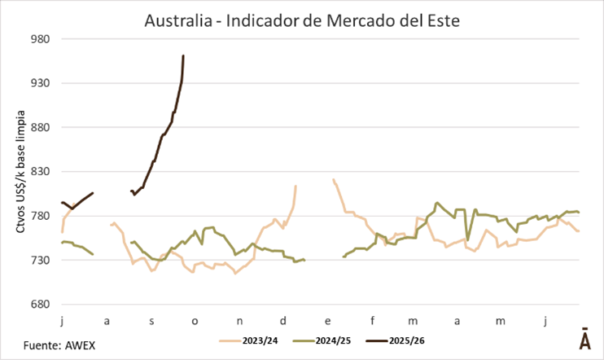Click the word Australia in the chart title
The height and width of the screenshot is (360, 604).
point(177,18)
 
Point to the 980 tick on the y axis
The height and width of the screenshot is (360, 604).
point(41,39)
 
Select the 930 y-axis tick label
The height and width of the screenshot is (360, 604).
point(41,83)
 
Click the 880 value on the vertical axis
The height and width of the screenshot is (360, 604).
point(41,128)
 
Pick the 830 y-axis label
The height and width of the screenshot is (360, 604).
point(41,172)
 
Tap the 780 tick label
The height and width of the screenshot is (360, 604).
point(41,217)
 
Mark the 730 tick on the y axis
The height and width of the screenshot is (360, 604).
point(41,261)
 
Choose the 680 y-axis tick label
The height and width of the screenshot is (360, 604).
point(41,305)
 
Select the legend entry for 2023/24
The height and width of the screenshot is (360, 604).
point(248,341)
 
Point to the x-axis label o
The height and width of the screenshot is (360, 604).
point(195,321)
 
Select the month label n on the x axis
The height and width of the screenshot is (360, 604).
point(239,321)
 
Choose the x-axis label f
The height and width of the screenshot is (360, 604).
point(371,321)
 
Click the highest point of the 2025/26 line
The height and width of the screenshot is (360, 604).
point(183,55)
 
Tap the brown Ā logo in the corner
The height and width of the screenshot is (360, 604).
point(584,340)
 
